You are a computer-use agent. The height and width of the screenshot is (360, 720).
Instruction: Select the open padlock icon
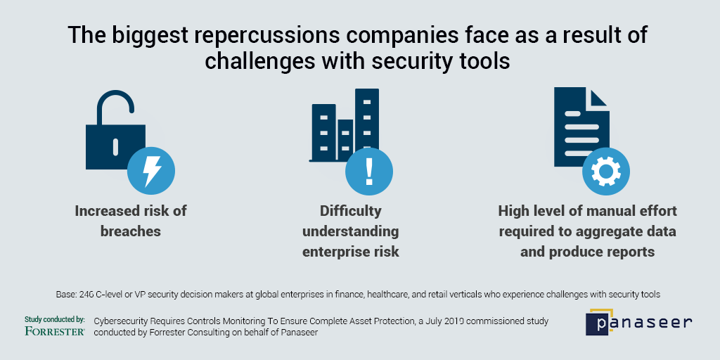(x=115, y=130)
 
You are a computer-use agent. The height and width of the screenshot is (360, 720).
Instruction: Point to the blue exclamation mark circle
(x=368, y=172)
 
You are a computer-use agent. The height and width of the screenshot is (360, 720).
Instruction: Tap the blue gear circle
(x=606, y=172)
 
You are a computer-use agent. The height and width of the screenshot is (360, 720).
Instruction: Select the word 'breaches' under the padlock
(x=131, y=231)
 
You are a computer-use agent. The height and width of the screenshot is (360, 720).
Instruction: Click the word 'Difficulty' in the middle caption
(x=351, y=211)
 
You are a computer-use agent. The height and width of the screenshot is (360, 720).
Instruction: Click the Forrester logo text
(x=55, y=330)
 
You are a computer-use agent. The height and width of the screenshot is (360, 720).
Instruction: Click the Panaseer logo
(x=638, y=322)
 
